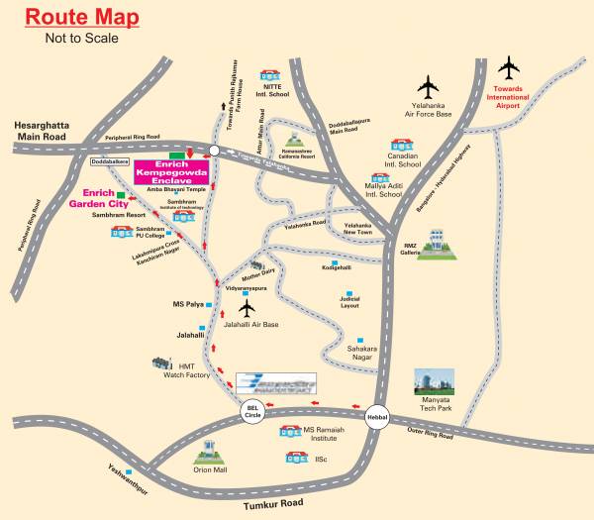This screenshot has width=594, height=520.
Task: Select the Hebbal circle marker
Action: pyautogui.click(x=377, y=417)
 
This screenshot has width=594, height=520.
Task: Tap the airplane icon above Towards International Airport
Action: pyautogui.click(x=511, y=68)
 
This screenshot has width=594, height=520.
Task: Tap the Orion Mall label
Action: pyautogui.click(x=209, y=471)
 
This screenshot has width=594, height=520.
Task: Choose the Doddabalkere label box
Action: pyautogui.click(x=110, y=159)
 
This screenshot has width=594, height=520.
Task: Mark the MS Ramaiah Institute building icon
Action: pyautogui.click(x=290, y=432)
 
